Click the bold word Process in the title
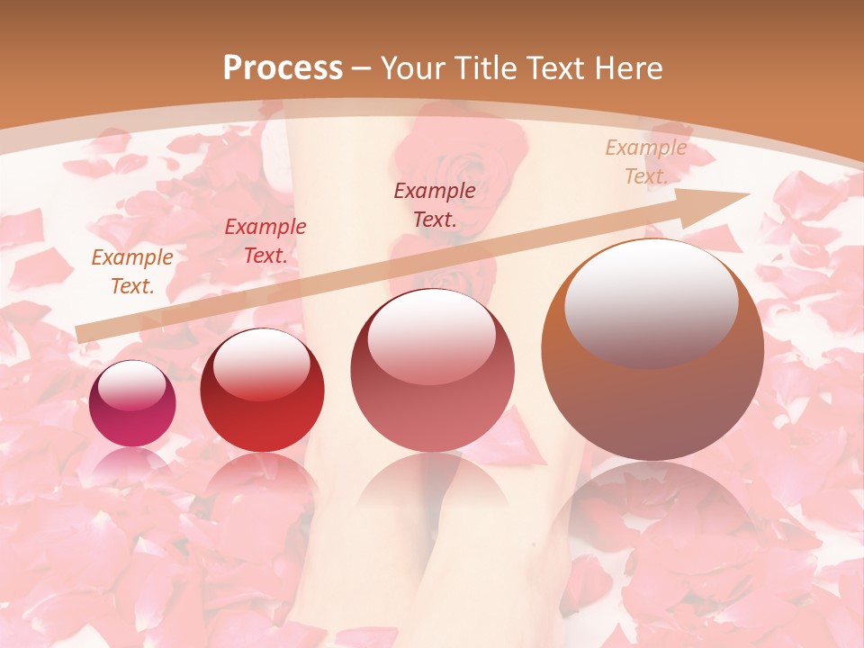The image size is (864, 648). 283,68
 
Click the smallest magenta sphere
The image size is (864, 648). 132,403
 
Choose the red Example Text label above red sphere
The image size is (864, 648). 265,241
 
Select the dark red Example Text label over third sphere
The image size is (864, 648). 435,204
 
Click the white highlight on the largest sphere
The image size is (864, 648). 651,301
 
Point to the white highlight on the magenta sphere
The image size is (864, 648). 132,387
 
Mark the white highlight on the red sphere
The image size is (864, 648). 261,365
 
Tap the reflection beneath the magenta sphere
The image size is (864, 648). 132,463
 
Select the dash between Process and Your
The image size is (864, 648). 362,68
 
